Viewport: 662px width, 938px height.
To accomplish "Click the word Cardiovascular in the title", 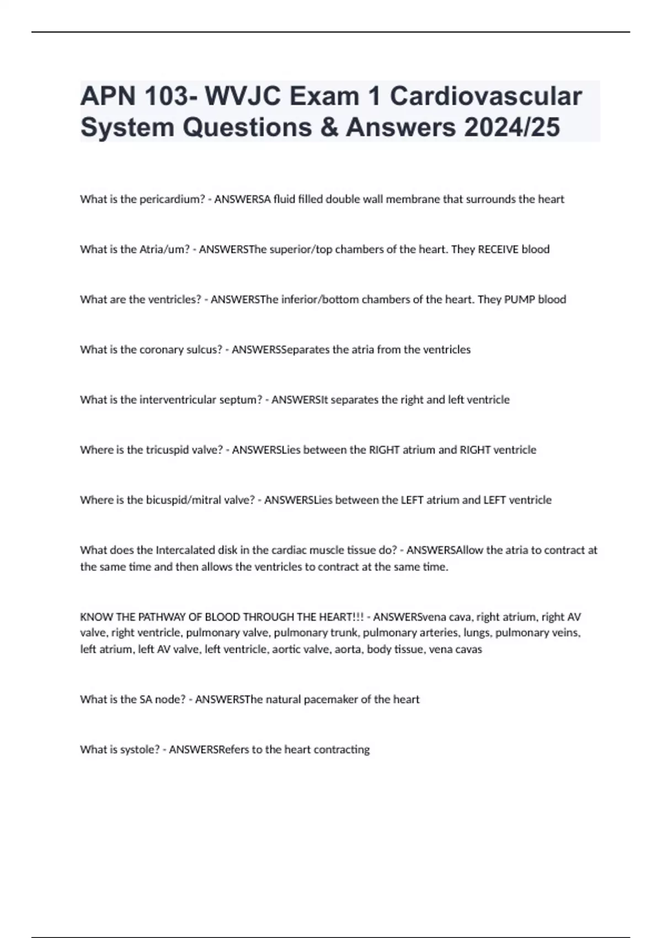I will point(485,96).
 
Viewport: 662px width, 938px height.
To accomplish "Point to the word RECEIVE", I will point(498,249).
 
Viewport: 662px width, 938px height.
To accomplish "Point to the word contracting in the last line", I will point(341,750).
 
